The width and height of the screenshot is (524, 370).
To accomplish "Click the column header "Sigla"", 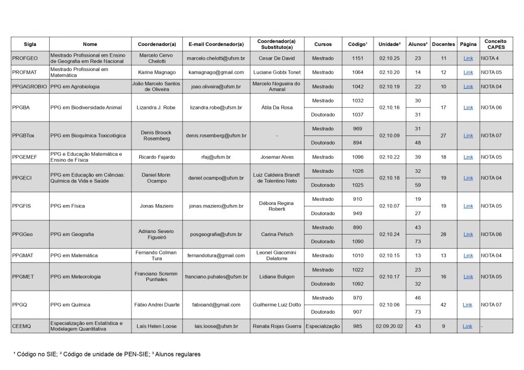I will (x=30, y=44).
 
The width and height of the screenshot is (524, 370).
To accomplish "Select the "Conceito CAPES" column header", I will (x=495, y=44).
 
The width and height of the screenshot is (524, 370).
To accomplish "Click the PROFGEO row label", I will (x=25, y=58).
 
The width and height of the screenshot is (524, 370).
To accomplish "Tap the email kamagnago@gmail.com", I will (x=215, y=73).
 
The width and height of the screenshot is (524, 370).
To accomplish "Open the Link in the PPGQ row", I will (x=467, y=305).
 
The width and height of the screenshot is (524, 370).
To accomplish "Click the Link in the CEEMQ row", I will (x=467, y=326).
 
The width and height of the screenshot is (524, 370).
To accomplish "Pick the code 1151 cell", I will (x=358, y=58).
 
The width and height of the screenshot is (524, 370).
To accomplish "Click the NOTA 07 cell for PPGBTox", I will (x=491, y=136).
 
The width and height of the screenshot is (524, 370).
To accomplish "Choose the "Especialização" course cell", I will (x=323, y=326).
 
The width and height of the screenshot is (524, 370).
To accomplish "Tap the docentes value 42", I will (x=443, y=305).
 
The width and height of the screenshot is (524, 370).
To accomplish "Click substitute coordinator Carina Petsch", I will (x=277, y=234).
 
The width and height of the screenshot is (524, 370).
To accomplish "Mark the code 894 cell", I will (x=358, y=143).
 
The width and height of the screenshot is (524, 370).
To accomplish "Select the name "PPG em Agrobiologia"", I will (x=75, y=87).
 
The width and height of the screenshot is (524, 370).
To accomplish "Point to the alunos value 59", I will (x=418, y=185).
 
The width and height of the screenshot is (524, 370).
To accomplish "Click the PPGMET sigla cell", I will (x=23, y=276).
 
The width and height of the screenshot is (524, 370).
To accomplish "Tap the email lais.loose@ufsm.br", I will (x=216, y=326).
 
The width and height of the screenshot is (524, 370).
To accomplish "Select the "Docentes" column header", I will (x=443, y=44).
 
